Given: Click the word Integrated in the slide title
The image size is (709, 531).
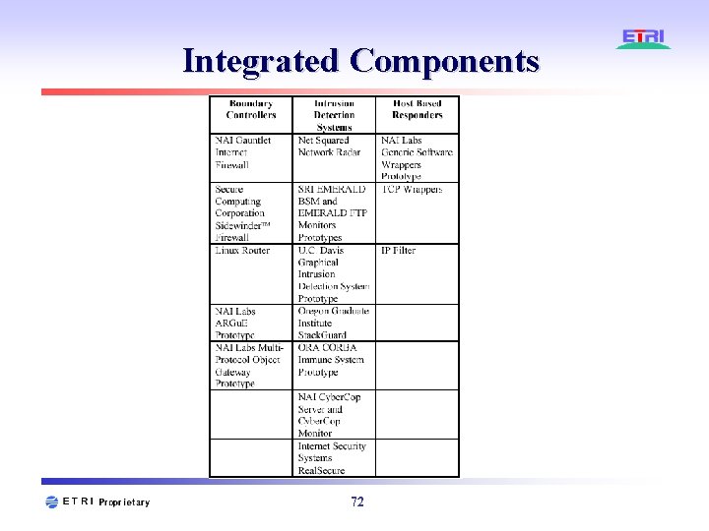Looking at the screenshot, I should [x=262, y=61].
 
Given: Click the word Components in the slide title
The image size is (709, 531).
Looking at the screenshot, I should [x=444, y=61].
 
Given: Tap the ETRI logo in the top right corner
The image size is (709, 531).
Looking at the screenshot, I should [x=644, y=39].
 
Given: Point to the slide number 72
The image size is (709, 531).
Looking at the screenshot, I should [x=356, y=502].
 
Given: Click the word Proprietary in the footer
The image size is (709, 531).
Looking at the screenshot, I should [x=124, y=502].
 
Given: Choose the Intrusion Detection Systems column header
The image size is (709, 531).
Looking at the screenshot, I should [x=334, y=115].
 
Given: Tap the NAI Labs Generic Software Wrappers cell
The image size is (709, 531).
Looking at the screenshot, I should [x=418, y=158].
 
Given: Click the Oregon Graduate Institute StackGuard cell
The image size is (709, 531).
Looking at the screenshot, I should [x=333, y=323].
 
